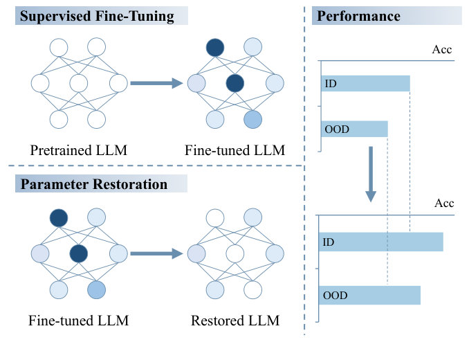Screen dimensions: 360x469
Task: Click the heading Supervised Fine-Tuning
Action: point(97,16)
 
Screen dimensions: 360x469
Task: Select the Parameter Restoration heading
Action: point(94,184)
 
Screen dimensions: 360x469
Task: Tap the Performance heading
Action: point(356,16)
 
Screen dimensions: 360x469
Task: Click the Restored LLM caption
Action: point(234,321)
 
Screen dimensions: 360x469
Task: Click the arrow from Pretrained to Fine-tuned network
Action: point(156,84)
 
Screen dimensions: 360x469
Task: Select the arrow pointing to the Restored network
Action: point(156,253)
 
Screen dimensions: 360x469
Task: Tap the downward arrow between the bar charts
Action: point(371,173)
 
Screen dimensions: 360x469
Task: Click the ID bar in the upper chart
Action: point(365,84)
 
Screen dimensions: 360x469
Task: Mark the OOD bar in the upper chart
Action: point(353,129)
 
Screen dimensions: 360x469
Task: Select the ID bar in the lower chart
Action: point(381,242)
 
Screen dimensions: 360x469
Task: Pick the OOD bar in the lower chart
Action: point(370,296)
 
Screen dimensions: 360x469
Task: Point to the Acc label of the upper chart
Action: point(443,49)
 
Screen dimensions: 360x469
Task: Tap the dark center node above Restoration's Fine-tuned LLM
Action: point(78,253)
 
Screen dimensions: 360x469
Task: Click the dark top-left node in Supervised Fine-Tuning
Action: point(215,47)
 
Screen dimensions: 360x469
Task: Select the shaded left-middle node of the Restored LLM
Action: point(197,253)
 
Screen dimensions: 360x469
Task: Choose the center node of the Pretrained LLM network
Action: point(78,84)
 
